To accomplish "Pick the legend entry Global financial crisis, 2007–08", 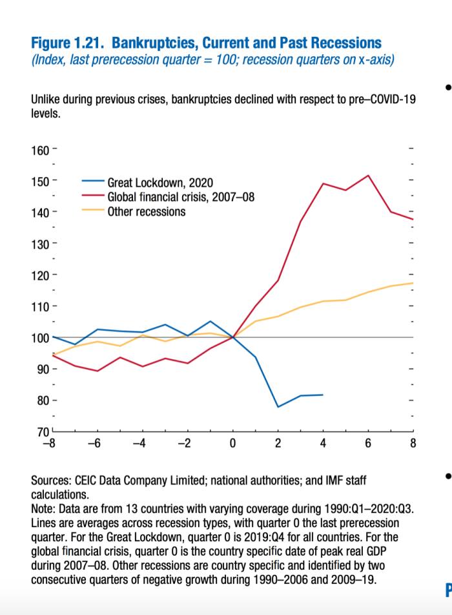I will point(181,197).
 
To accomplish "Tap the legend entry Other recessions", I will point(147,211).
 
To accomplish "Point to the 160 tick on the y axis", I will point(40,151).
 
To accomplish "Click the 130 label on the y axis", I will point(40,244).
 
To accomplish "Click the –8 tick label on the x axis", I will point(47,443).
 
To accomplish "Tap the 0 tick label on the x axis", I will point(232,443).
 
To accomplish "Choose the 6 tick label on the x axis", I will point(368,443).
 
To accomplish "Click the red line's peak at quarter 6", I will point(368,175).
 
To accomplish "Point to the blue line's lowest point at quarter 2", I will point(278,407).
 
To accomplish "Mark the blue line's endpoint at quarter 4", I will point(323,394).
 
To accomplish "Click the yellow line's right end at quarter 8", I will point(413,283).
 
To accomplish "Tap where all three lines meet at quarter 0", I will point(232,337).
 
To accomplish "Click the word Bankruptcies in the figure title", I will point(153,43).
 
